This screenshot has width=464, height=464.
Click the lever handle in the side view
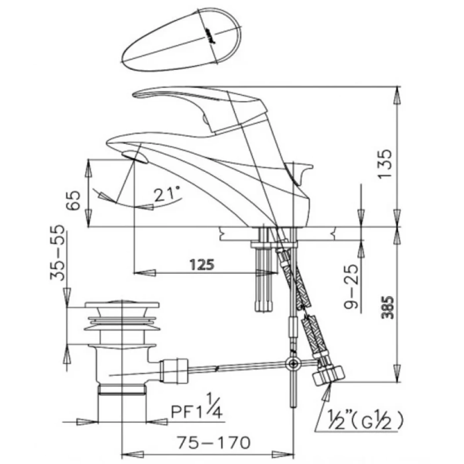tap(200, 106)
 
